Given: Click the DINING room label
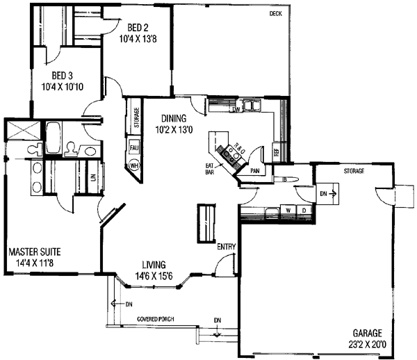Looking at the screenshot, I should click(174, 117).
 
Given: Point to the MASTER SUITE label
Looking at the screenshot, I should click(35, 251).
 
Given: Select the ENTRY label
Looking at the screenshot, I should click(226, 247).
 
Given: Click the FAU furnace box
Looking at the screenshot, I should click(133, 147).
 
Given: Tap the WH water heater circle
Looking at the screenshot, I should click(133, 165).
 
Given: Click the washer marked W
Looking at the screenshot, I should click(288, 208).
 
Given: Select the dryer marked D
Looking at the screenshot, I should click(304, 208).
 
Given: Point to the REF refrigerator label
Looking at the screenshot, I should click(276, 152).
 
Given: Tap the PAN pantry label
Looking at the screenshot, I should click(255, 169).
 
